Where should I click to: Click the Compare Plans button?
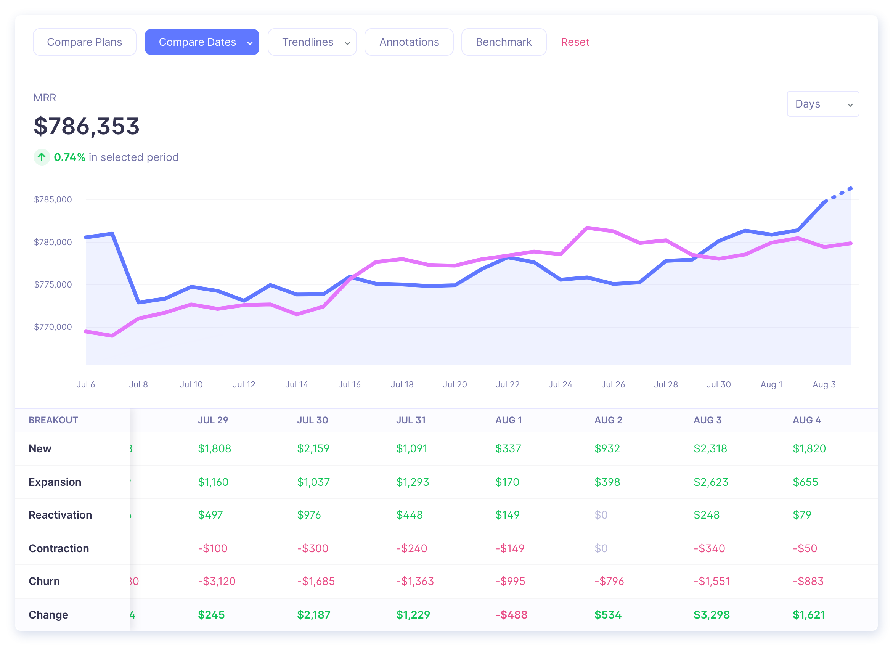tap(84, 42)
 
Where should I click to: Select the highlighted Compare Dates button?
tap(202, 42)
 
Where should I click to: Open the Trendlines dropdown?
tap(312, 42)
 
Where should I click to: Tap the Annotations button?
tap(409, 42)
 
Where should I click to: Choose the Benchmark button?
tap(504, 42)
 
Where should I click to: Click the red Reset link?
tap(575, 42)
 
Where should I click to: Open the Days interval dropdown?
tap(823, 104)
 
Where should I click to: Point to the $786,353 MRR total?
tap(87, 126)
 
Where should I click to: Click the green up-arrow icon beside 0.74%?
tap(42, 157)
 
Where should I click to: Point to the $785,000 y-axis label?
tap(53, 199)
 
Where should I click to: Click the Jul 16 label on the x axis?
tap(349, 384)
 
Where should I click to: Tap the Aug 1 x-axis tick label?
tap(771, 384)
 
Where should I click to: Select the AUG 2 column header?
tap(608, 420)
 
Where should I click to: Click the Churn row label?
tap(44, 581)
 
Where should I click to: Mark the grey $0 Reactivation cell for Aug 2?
tap(601, 515)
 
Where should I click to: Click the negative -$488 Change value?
tap(511, 614)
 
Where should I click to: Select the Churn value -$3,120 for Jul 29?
tap(217, 581)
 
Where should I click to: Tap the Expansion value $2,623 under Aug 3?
tap(711, 482)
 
